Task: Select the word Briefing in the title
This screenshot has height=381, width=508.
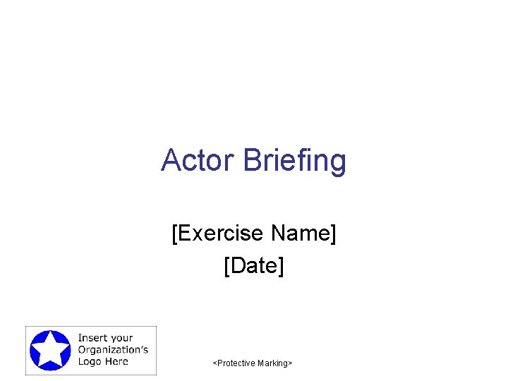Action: [x=295, y=162]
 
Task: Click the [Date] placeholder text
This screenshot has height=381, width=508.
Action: [x=253, y=266]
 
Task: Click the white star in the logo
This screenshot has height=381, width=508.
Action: [x=49, y=350]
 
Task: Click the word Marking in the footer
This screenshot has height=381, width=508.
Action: [x=272, y=363]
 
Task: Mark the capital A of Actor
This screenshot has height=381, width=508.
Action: [x=171, y=160]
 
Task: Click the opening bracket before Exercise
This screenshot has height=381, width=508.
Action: [x=174, y=233]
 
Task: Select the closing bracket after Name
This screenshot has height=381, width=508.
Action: [x=333, y=233]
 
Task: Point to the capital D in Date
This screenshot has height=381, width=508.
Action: [x=235, y=266]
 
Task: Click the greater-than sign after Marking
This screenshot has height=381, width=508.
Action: [x=290, y=363]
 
